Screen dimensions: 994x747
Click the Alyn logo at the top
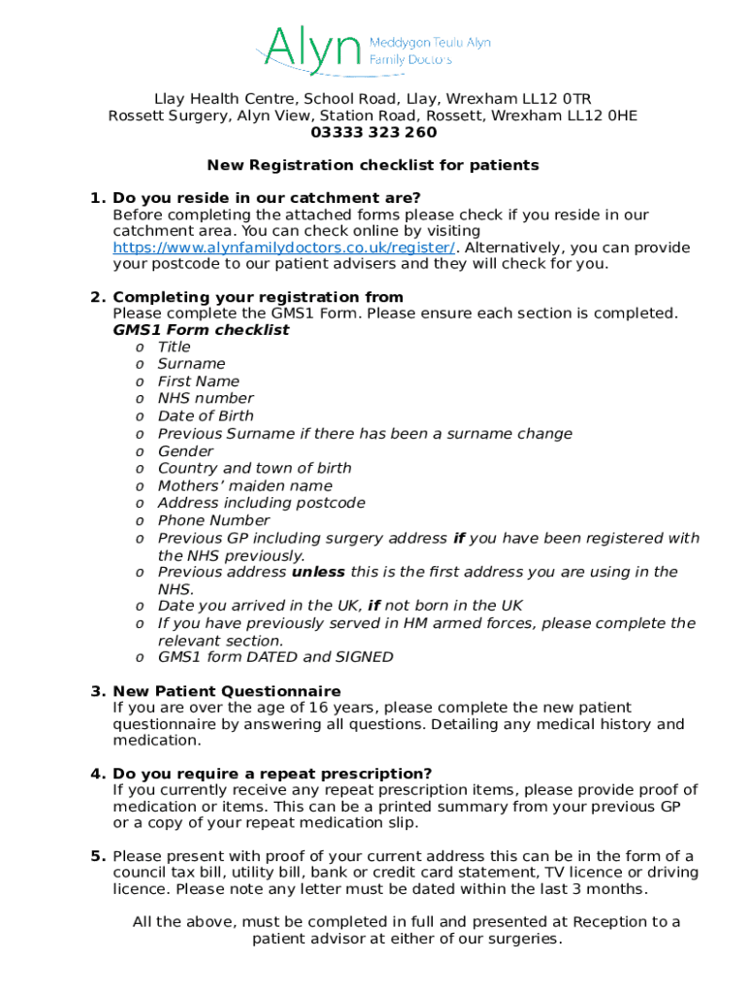pos(373,50)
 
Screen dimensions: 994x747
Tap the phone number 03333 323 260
pos(373,133)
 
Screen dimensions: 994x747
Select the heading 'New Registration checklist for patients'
pos(373,165)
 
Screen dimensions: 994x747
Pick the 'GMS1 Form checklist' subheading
pos(201,330)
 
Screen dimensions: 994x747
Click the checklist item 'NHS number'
pos(206,398)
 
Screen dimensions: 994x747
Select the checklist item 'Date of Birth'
pos(206,415)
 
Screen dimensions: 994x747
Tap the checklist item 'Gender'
pos(185,451)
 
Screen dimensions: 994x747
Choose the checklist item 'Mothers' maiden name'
pos(244,485)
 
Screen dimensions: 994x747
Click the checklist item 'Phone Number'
pos(213,520)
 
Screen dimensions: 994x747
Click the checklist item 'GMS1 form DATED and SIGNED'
pos(276,657)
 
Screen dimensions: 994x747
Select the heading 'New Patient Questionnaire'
pos(227,691)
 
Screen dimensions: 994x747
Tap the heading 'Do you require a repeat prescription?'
pos(273,774)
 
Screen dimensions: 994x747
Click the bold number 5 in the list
pos(98,856)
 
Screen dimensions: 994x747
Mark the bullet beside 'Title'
pos(141,348)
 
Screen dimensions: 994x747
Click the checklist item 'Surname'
pos(191,364)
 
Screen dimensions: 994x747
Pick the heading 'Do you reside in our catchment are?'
pos(267,198)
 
